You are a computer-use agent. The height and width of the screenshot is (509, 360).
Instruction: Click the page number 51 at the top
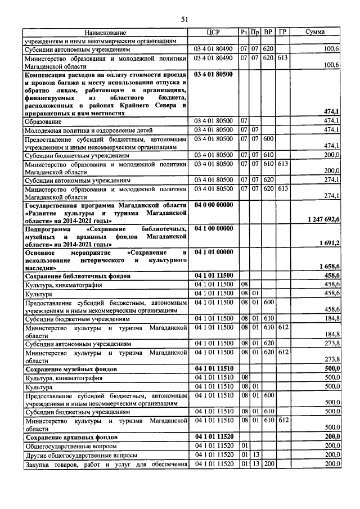184,19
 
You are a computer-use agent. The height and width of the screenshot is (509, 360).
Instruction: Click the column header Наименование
105,33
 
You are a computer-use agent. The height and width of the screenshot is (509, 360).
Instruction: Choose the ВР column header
268,32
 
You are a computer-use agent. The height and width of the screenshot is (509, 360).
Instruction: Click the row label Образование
43,121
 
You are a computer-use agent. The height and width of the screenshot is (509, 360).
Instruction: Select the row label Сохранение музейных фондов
78,369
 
